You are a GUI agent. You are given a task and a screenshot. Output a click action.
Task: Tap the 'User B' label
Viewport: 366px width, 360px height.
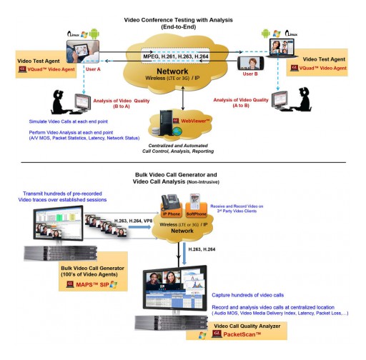click(250, 74)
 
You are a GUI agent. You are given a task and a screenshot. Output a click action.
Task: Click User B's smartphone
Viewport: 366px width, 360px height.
click(249, 61)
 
